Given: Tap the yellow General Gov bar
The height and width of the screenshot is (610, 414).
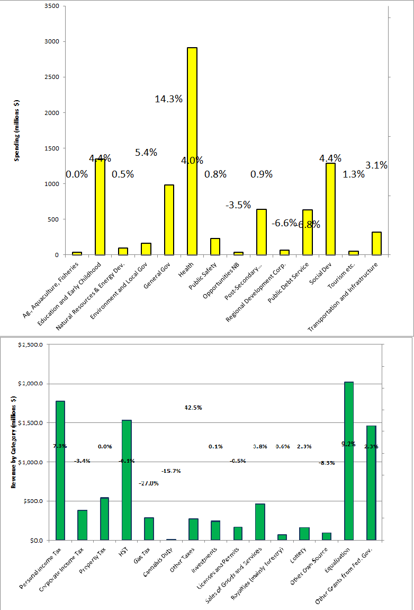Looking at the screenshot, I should click(169, 219).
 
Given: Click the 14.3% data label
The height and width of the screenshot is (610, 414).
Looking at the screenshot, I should click(168, 99).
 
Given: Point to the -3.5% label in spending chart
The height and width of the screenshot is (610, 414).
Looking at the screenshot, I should click(238, 205).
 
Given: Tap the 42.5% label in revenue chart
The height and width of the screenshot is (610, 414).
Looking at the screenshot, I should click(193, 408).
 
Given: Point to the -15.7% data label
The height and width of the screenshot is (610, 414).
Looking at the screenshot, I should click(170, 471).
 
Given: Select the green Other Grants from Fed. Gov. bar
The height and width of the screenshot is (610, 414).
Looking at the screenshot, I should click(371, 483).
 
